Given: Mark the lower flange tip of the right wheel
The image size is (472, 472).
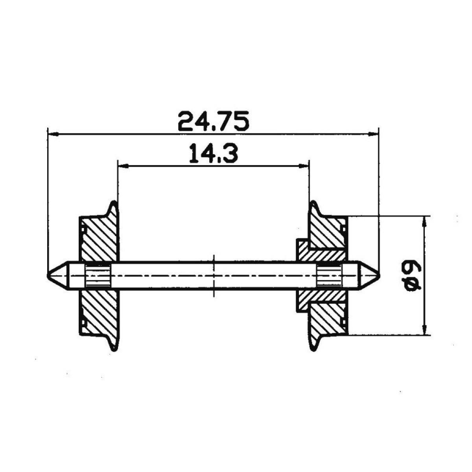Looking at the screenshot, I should [313, 348].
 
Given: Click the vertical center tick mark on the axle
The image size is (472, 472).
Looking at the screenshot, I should [213, 275].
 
